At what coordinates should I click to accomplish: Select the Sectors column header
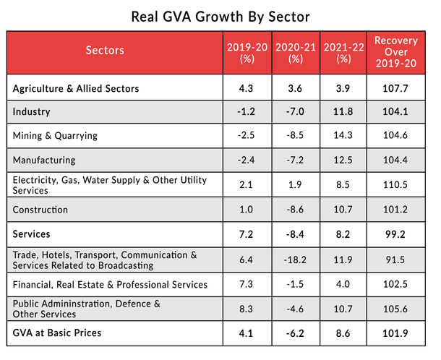[105, 51]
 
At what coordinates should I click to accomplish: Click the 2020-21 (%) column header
[295, 51]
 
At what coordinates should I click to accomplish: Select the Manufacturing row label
[43, 160]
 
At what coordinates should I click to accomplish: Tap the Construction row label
[40, 210]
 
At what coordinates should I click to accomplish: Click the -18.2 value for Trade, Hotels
[295, 260]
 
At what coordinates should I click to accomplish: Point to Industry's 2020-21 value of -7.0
[295, 112]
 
